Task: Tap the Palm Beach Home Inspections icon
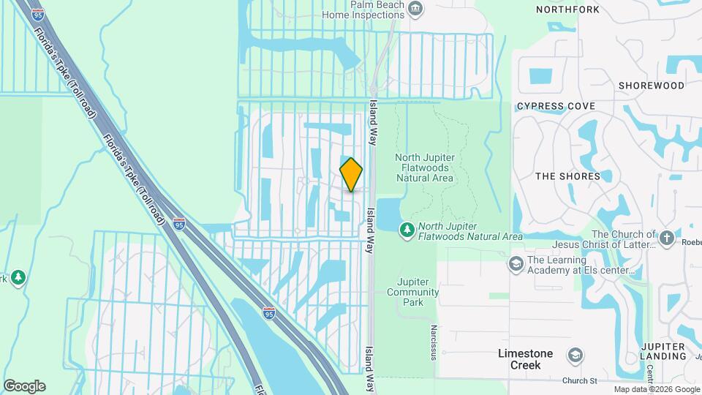pyautogui.click(x=416, y=10)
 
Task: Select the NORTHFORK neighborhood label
pyautogui.click(x=567, y=10)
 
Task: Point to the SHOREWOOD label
pyautogui.click(x=651, y=86)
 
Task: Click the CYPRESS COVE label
pyautogui.click(x=556, y=106)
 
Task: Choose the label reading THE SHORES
pyautogui.click(x=567, y=176)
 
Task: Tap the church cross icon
pyautogui.click(x=665, y=238)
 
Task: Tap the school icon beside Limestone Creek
pyautogui.click(x=575, y=355)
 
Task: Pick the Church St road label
pyautogui.click(x=580, y=380)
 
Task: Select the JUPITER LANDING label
pyautogui.click(x=662, y=351)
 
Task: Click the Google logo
pyautogui.click(x=24, y=386)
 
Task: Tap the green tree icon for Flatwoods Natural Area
pyautogui.click(x=407, y=230)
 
